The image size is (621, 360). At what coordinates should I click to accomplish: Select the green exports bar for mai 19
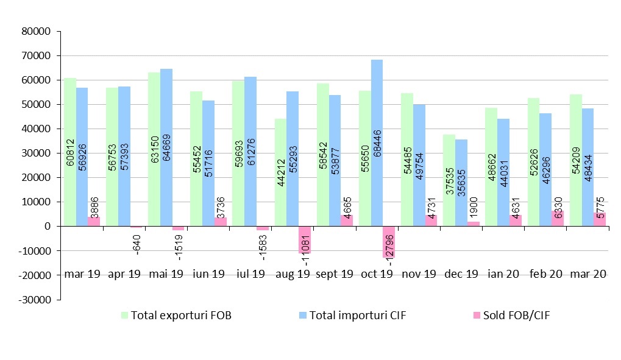point(154,149)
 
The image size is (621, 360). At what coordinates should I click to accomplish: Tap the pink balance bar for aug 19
point(304,239)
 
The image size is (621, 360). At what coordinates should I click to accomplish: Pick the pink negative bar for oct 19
point(389,242)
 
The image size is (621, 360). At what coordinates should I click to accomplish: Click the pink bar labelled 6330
point(557,218)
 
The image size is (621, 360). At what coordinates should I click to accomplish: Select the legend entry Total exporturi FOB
point(176,316)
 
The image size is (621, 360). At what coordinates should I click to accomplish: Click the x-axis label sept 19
point(335,274)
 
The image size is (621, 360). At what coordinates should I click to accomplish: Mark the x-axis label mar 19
point(82,274)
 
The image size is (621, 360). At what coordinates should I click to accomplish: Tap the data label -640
point(137,243)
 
